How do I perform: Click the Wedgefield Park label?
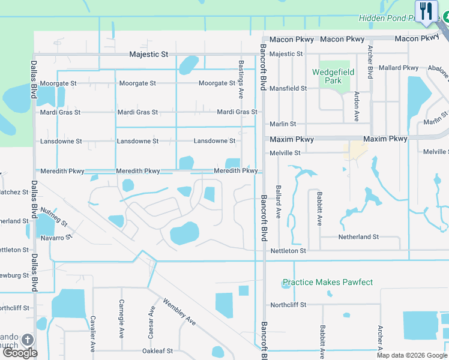point(333,76)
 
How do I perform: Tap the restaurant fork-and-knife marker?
point(426,11)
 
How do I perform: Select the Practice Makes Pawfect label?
point(328,282)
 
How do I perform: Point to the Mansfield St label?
point(288,88)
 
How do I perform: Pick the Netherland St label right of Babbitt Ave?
point(358,237)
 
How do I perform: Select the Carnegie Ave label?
point(121,318)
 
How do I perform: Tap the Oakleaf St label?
point(157,351)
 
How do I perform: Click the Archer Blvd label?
point(370,62)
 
